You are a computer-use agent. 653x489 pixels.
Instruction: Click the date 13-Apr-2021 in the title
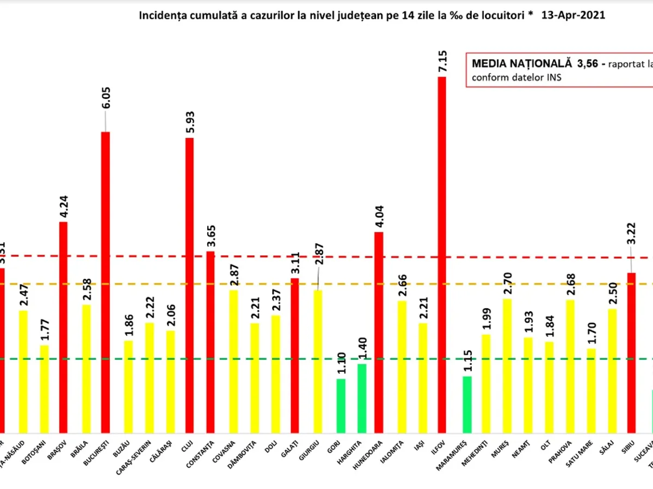[x=574, y=15]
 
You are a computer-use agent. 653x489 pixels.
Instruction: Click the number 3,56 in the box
[x=582, y=64]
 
